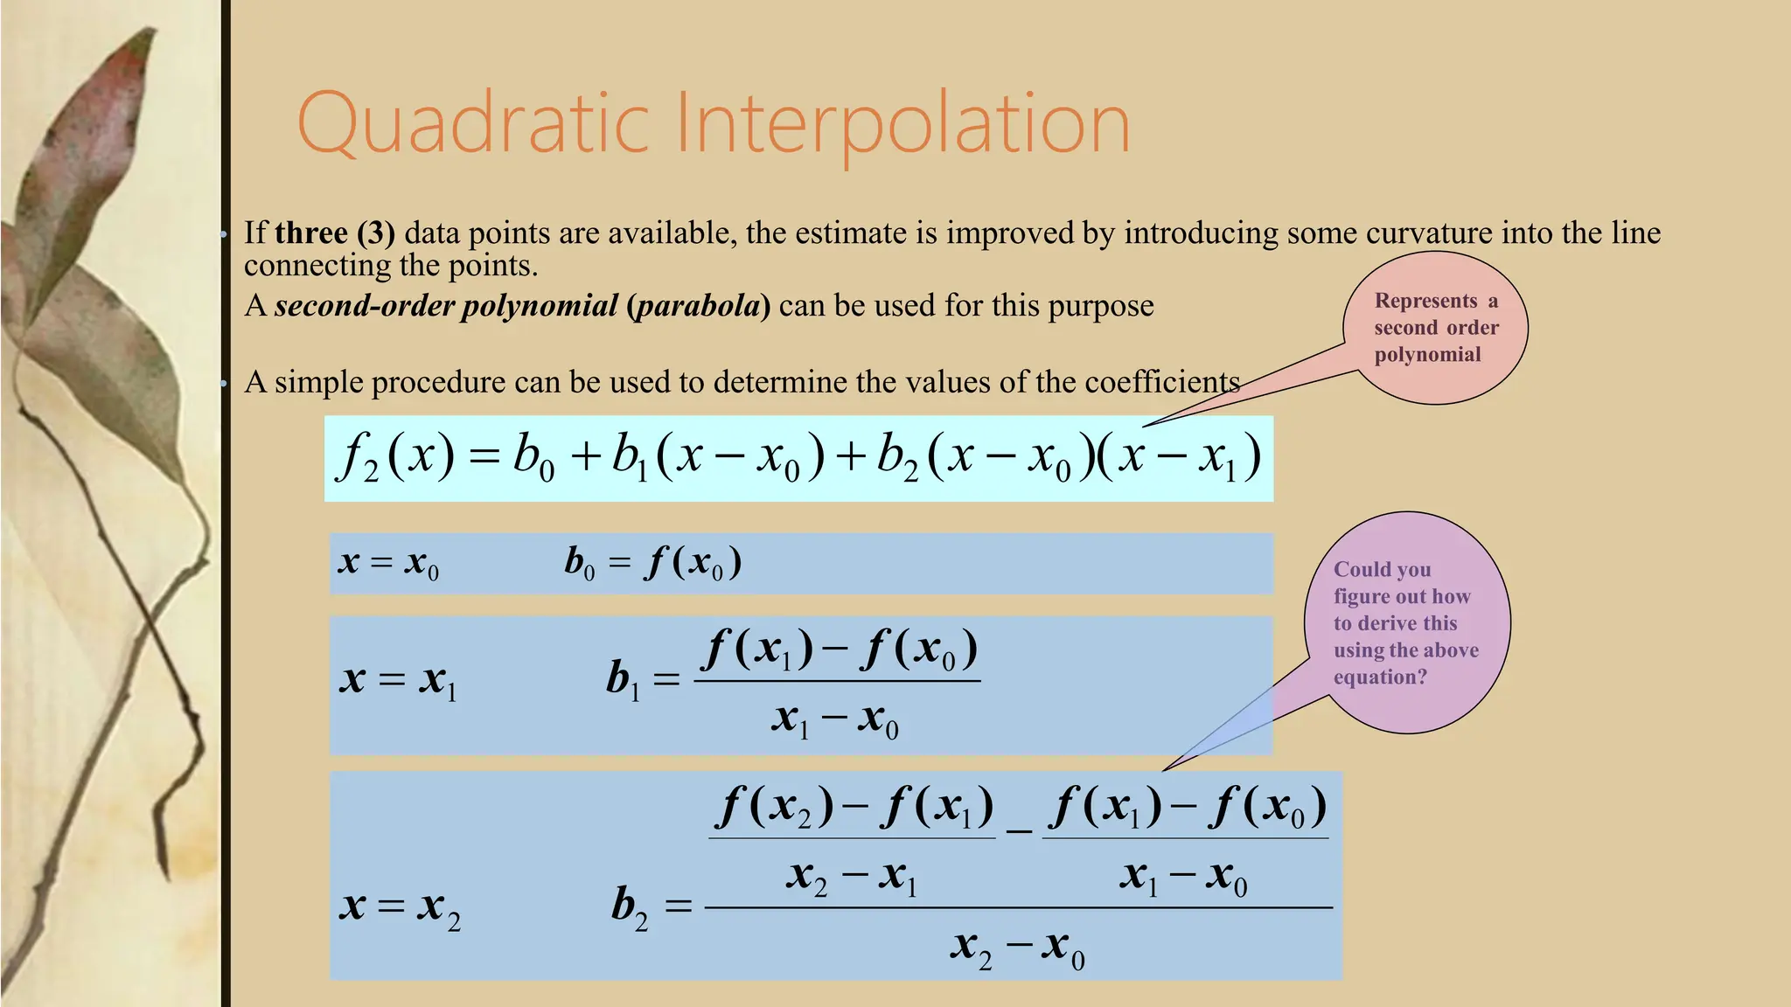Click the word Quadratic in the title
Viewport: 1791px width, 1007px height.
pyautogui.click(x=473, y=123)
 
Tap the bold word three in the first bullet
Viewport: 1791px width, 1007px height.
pyautogui.click(x=311, y=233)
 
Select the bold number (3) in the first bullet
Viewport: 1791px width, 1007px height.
pyautogui.click(x=376, y=233)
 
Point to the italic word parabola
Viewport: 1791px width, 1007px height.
pyautogui.click(x=698, y=306)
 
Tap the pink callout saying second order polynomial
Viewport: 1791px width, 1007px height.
pyautogui.click(x=1435, y=328)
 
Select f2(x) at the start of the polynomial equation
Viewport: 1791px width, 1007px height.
pyautogui.click(x=396, y=457)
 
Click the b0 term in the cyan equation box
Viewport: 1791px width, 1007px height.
pyautogui.click(x=533, y=457)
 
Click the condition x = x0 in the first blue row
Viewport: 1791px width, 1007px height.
pyautogui.click(x=388, y=563)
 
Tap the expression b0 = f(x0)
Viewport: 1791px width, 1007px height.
pyautogui.click(x=653, y=563)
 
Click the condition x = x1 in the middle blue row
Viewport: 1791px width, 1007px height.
pyautogui.click(x=398, y=680)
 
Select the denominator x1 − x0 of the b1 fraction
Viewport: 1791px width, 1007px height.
pyautogui.click(x=835, y=720)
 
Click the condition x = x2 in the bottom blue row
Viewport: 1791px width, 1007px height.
pyautogui.click(x=400, y=907)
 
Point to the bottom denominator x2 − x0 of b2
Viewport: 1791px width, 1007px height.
pyautogui.click(x=1017, y=948)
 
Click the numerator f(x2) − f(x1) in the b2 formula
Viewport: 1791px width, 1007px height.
pyautogui.click(x=854, y=807)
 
